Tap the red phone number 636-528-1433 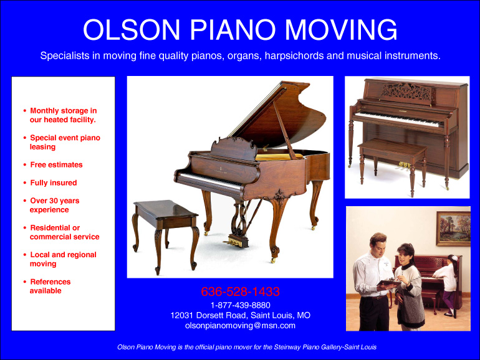coord(240,291)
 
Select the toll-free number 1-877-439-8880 coord(240,305)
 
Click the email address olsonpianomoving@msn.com coord(240,325)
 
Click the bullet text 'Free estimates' coord(56,165)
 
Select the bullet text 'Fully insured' coord(54,183)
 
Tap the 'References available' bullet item coord(50,286)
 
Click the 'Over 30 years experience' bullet coord(54,206)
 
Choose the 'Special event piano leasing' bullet coord(64,142)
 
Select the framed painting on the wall coord(453,228)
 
